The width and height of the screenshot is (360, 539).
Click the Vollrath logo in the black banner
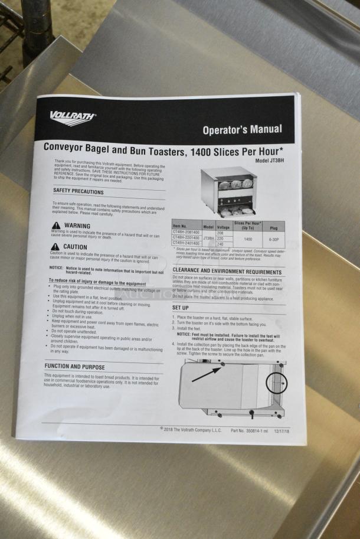[x=73, y=118]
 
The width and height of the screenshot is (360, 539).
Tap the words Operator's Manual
[x=242, y=129]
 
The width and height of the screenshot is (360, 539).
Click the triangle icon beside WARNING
[x=56, y=226]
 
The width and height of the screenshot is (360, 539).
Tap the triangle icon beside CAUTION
[x=55, y=247]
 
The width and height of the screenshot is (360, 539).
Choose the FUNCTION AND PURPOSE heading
[x=74, y=366]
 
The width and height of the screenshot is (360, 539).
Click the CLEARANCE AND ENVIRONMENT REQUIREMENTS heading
[x=227, y=271]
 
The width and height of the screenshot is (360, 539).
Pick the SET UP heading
[x=181, y=308]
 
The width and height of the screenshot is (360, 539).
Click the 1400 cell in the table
[x=248, y=239]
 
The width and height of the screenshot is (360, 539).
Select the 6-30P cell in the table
[x=274, y=239]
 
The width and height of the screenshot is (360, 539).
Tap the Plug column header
[x=274, y=227]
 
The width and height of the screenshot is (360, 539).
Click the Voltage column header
[x=224, y=227]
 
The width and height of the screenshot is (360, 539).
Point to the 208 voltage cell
[x=220, y=233]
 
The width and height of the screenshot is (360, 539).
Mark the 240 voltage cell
[x=221, y=244]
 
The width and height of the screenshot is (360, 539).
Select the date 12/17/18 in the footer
[x=282, y=431]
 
